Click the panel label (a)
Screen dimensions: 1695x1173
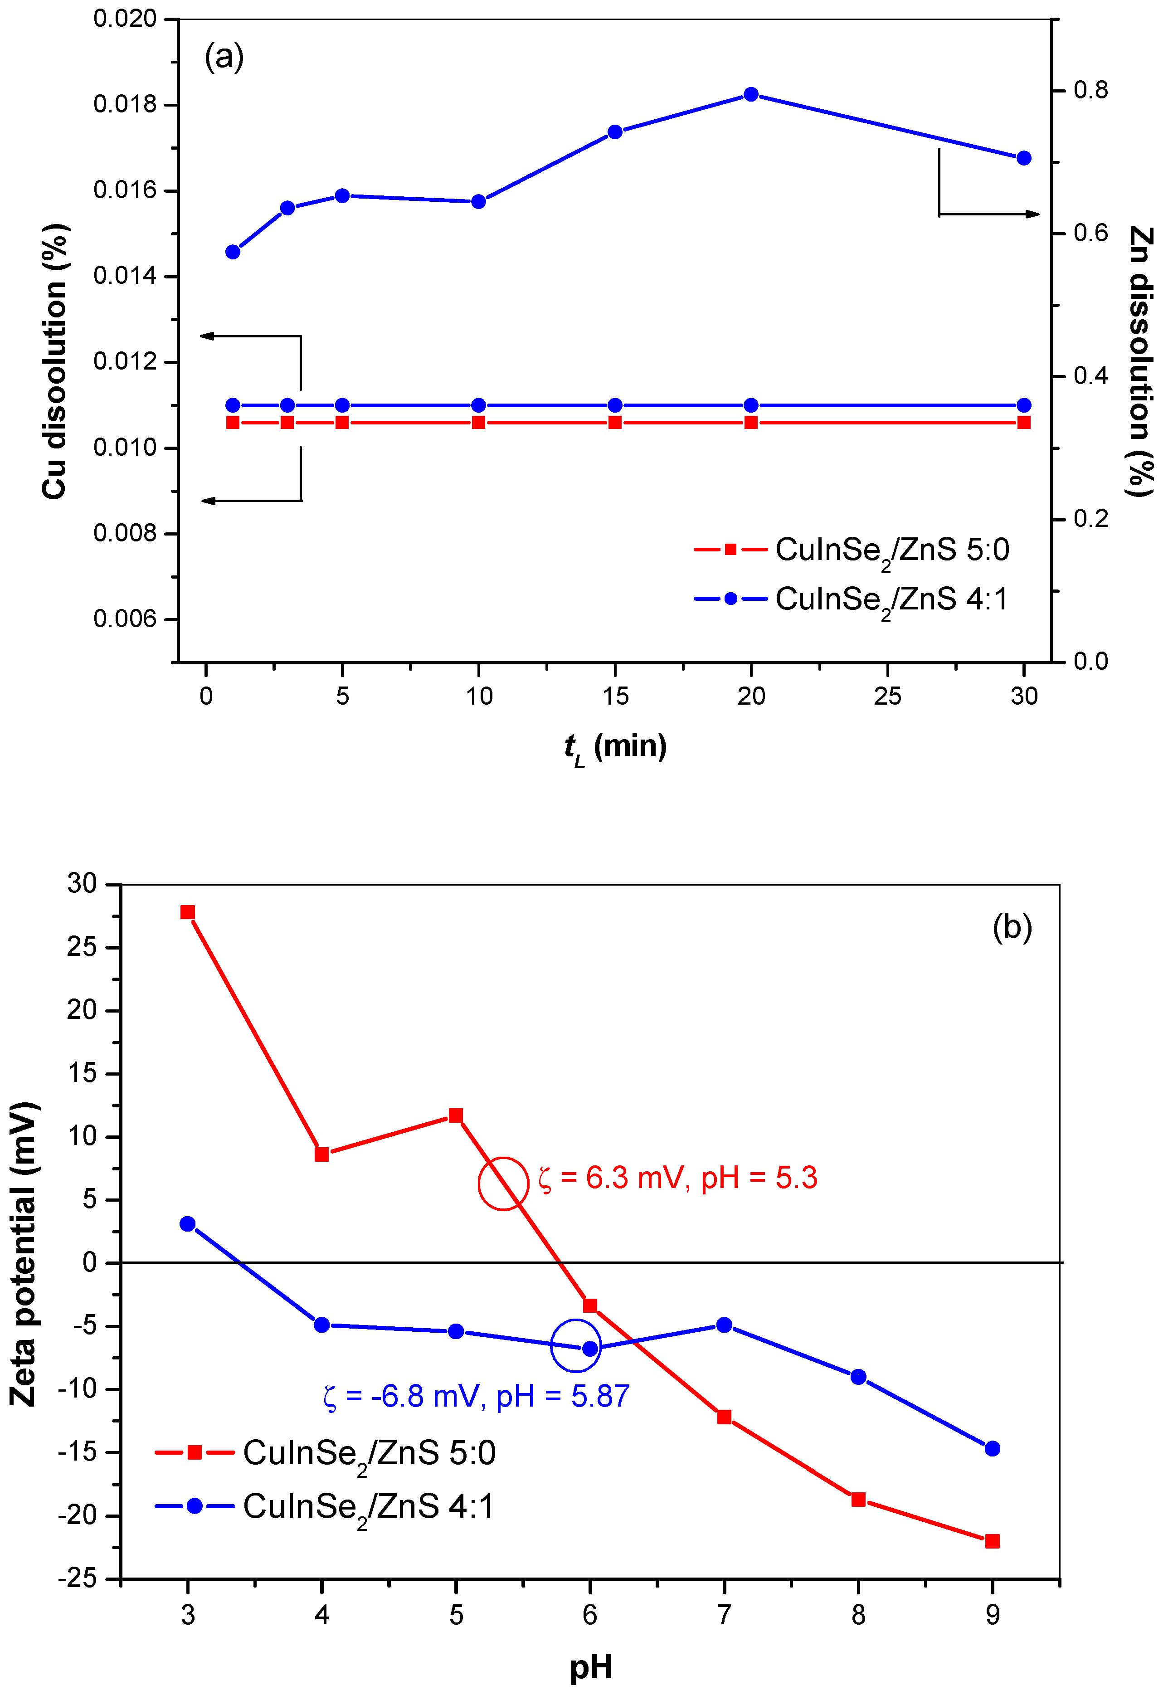tap(224, 57)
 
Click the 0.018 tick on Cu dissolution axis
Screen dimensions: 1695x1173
tap(125, 104)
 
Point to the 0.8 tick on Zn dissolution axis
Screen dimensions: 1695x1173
tap(1090, 90)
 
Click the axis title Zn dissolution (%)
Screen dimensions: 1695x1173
tap(1140, 362)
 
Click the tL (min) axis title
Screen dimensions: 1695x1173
tap(615, 748)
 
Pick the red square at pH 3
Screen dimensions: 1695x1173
tap(187, 912)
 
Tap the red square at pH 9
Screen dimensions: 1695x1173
tap(992, 1541)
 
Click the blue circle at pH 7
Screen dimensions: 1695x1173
tap(724, 1325)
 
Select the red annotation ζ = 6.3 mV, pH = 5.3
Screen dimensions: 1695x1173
tap(677, 1178)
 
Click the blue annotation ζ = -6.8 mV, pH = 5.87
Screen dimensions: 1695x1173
tap(476, 1396)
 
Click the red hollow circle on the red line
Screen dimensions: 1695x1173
tap(503, 1184)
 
